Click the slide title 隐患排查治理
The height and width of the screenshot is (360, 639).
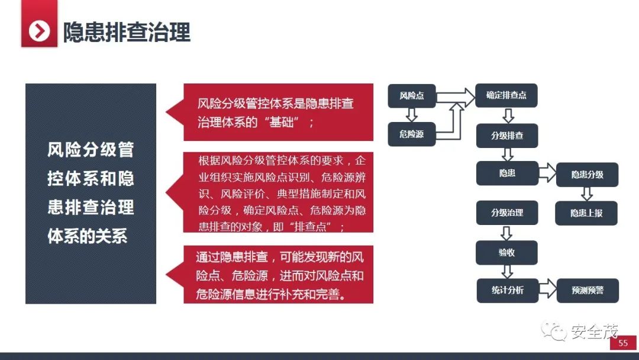click(x=127, y=32)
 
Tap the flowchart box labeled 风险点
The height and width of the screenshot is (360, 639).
click(x=412, y=96)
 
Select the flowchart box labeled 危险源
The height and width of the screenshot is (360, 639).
click(x=412, y=134)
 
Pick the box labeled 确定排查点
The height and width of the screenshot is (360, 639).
click(x=506, y=95)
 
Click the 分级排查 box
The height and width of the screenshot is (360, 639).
click(x=507, y=136)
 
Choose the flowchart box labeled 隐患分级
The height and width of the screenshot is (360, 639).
click(x=587, y=175)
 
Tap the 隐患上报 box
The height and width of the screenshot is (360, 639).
click(x=586, y=213)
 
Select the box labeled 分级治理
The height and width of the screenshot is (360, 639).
click(x=507, y=213)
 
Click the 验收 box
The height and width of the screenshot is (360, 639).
click(x=507, y=252)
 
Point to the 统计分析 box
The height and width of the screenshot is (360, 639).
click(x=507, y=290)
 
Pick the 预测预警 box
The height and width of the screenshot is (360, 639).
click(x=587, y=290)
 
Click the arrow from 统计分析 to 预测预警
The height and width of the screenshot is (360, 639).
click(x=547, y=290)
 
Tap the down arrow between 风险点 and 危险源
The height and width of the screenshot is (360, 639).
click(x=412, y=115)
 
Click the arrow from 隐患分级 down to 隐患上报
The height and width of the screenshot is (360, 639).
click(x=587, y=194)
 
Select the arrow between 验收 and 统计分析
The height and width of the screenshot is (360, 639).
click(x=507, y=271)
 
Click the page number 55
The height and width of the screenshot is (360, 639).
click(x=623, y=343)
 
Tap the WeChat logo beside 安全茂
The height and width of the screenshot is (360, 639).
click(x=556, y=332)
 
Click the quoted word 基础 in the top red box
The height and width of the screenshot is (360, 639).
click(x=286, y=123)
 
